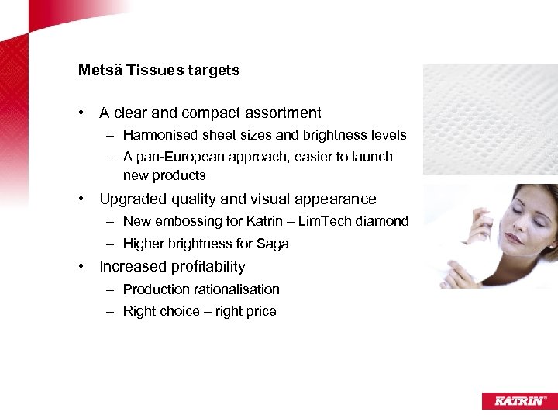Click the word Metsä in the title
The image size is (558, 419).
pos(97,71)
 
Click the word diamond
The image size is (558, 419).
pos(383,221)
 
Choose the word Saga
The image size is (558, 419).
pos(273,244)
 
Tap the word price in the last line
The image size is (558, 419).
pos(259,311)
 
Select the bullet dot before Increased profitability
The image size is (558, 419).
pos(81,267)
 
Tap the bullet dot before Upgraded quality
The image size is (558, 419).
pos(81,199)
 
